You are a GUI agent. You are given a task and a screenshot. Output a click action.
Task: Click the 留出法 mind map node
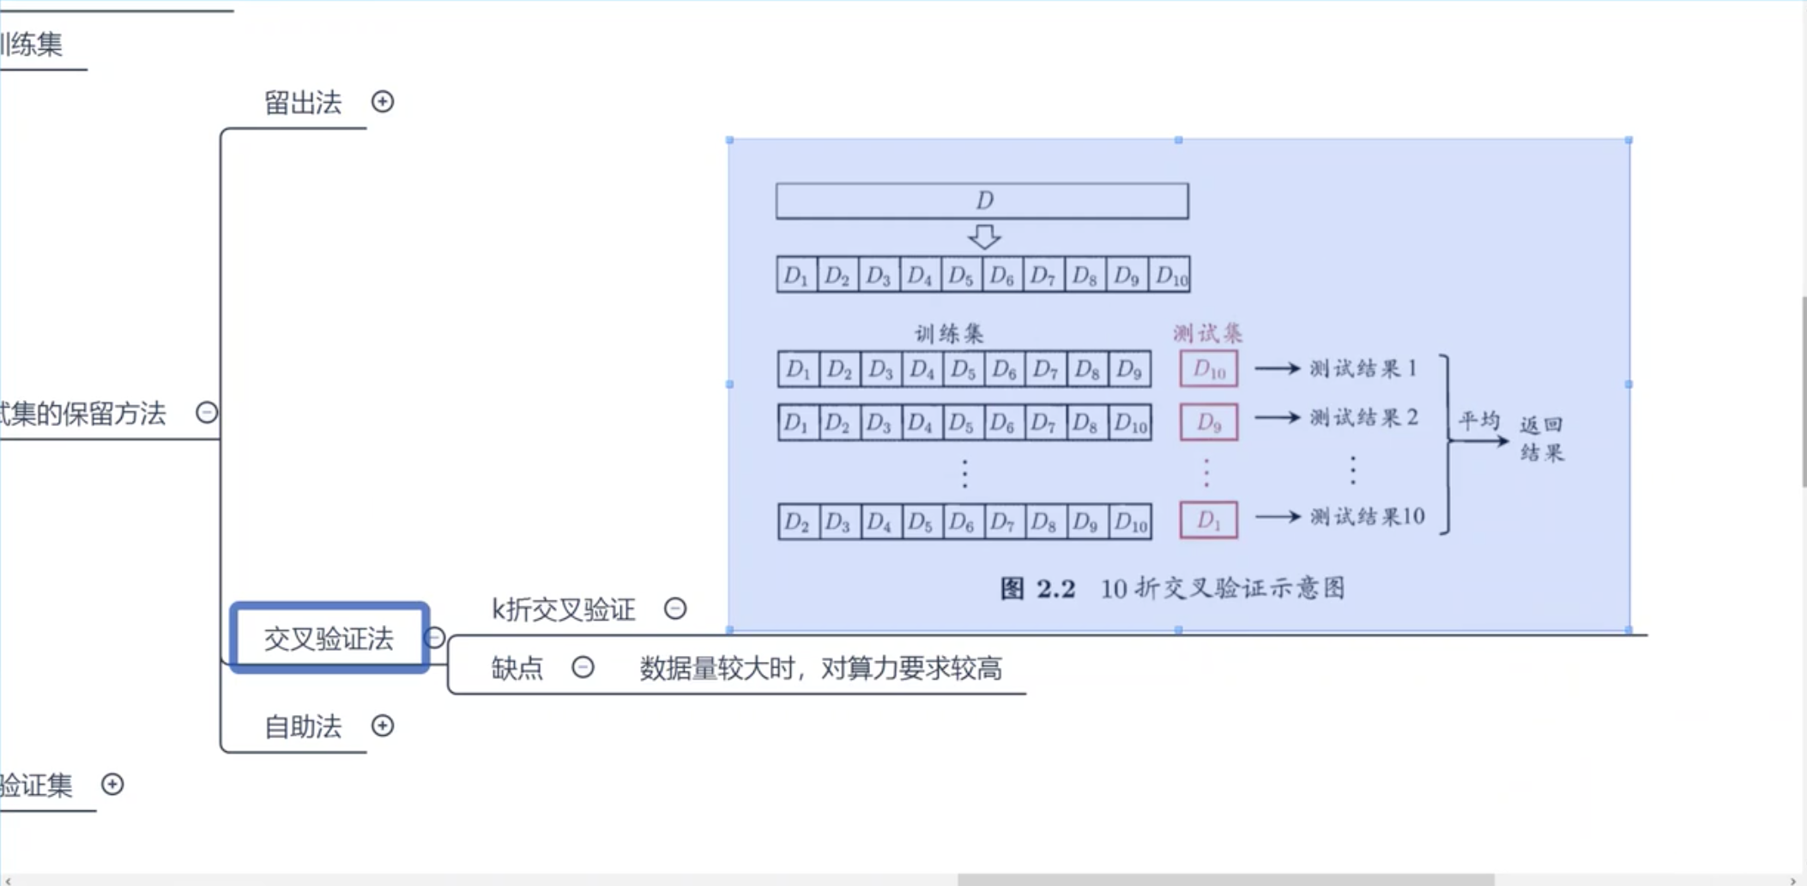tap(302, 103)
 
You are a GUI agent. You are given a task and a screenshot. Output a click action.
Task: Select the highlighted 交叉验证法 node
tap(329, 638)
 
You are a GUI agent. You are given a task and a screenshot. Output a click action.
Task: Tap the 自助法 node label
tap(302, 727)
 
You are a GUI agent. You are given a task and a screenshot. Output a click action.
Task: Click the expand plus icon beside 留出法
tap(383, 102)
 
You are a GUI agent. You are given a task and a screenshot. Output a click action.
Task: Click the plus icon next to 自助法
tap(383, 726)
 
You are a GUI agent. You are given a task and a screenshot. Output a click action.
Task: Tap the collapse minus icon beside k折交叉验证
tap(675, 609)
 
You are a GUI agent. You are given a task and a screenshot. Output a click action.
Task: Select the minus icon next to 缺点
tap(583, 667)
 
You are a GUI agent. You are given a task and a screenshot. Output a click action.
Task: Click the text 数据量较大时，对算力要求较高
tap(820, 668)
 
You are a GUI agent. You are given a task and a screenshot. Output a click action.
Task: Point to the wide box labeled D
tap(982, 201)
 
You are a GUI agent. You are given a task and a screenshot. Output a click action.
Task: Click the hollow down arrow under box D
tap(984, 236)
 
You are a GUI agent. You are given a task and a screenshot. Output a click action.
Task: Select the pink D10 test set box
tap(1208, 369)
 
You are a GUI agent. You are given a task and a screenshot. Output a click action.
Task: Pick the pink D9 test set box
tap(1208, 422)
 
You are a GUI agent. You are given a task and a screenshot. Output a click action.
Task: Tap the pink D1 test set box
tap(1208, 520)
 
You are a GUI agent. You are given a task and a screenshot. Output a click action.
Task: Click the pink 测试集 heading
tap(1207, 333)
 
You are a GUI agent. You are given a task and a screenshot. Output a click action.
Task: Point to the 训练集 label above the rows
tap(949, 333)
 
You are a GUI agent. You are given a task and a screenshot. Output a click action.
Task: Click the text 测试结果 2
tap(1363, 418)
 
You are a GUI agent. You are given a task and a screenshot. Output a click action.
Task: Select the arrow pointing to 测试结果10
tap(1278, 517)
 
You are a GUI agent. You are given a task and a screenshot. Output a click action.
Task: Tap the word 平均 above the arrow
tap(1479, 421)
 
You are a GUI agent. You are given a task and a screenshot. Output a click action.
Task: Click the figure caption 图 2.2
tap(1037, 589)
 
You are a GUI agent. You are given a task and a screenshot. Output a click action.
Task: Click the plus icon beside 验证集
tap(112, 784)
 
